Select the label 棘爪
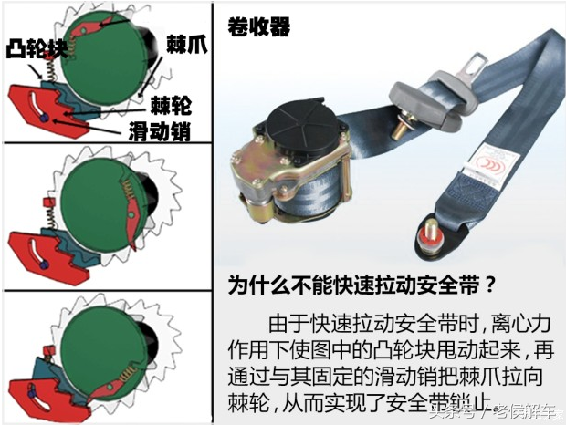click(x=185, y=42)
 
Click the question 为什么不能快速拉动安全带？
click(x=363, y=285)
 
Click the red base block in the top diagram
click(x=41, y=105)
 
